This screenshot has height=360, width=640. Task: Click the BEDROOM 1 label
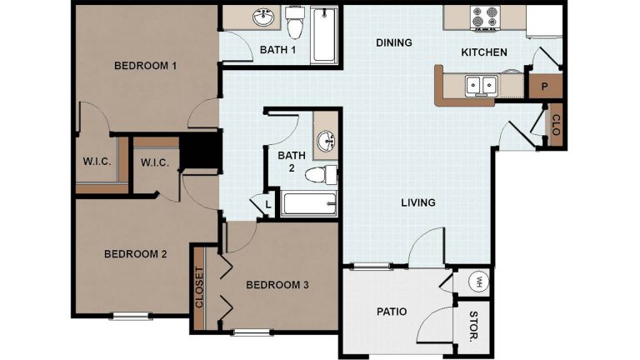(145, 66)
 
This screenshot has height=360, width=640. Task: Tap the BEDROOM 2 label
(135, 254)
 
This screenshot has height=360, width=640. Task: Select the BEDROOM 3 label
(277, 285)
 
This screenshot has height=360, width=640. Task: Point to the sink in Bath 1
(263, 17)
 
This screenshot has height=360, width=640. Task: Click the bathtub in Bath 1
(324, 34)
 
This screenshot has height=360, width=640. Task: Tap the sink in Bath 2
(326, 140)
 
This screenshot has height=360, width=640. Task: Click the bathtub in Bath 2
(308, 202)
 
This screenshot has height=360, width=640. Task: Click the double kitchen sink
(481, 84)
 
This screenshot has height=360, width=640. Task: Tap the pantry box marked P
(544, 86)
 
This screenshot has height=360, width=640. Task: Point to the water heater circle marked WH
(480, 282)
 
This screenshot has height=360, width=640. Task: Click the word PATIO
(391, 312)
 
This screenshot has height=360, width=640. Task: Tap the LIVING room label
(417, 202)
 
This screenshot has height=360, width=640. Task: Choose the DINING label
(393, 42)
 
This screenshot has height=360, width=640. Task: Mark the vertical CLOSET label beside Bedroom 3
(199, 286)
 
